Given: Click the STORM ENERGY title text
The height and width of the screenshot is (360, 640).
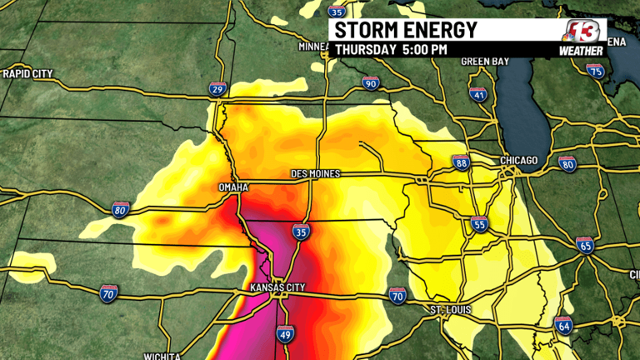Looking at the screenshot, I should pyautogui.click(x=406, y=31).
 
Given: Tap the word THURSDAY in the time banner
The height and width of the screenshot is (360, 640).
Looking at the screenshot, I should pyautogui.click(x=366, y=50).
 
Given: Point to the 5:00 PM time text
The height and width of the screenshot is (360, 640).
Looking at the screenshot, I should pyautogui.click(x=424, y=50).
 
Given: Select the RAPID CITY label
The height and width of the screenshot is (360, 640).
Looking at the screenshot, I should pyautogui.click(x=27, y=74).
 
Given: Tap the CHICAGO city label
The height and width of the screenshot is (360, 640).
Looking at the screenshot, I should pyautogui.click(x=519, y=160).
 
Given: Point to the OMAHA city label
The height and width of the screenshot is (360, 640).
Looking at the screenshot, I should pyautogui.click(x=233, y=187).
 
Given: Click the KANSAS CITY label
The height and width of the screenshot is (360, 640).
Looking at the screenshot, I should pyautogui.click(x=278, y=287).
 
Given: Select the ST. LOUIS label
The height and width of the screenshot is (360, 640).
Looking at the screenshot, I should pyautogui.click(x=451, y=310).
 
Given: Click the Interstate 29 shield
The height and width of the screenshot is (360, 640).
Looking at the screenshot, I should pyautogui.click(x=218, y=90).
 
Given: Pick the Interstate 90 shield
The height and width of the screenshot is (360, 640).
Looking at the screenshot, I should pyautogui.click(x=372, y=82).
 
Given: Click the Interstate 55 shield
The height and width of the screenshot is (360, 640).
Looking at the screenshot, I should pyautogui.click(x=478, y=223).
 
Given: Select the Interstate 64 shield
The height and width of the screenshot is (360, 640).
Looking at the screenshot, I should pyautogui.click(x=564, y=325).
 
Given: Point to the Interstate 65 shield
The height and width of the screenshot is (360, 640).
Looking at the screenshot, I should pyautogui.click(x=584, y=244).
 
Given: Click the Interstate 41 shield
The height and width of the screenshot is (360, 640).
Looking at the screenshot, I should pyautogui.click(x=477, y=94).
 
